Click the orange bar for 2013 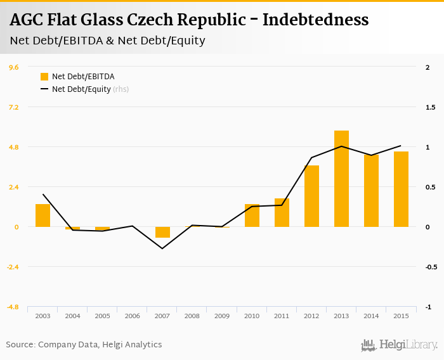tap(341, 179)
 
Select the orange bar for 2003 tap(42, 215)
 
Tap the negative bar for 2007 tap(162, 232)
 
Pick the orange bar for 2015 tap(401, 189)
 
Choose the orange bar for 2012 tap(311, 196)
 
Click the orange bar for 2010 tap(252, 215)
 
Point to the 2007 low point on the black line tap(162, 248)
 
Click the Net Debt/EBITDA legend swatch tap(44, 77)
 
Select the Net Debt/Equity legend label tap(82, 89)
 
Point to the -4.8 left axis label tap(13, 307)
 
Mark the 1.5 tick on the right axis tap(431, 107)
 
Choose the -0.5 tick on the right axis tap(431, 267)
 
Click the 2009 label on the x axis tap(222, 316)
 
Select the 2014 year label tap(371, 316)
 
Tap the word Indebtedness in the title tap(315, 20)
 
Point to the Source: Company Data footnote tap(84, 345)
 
